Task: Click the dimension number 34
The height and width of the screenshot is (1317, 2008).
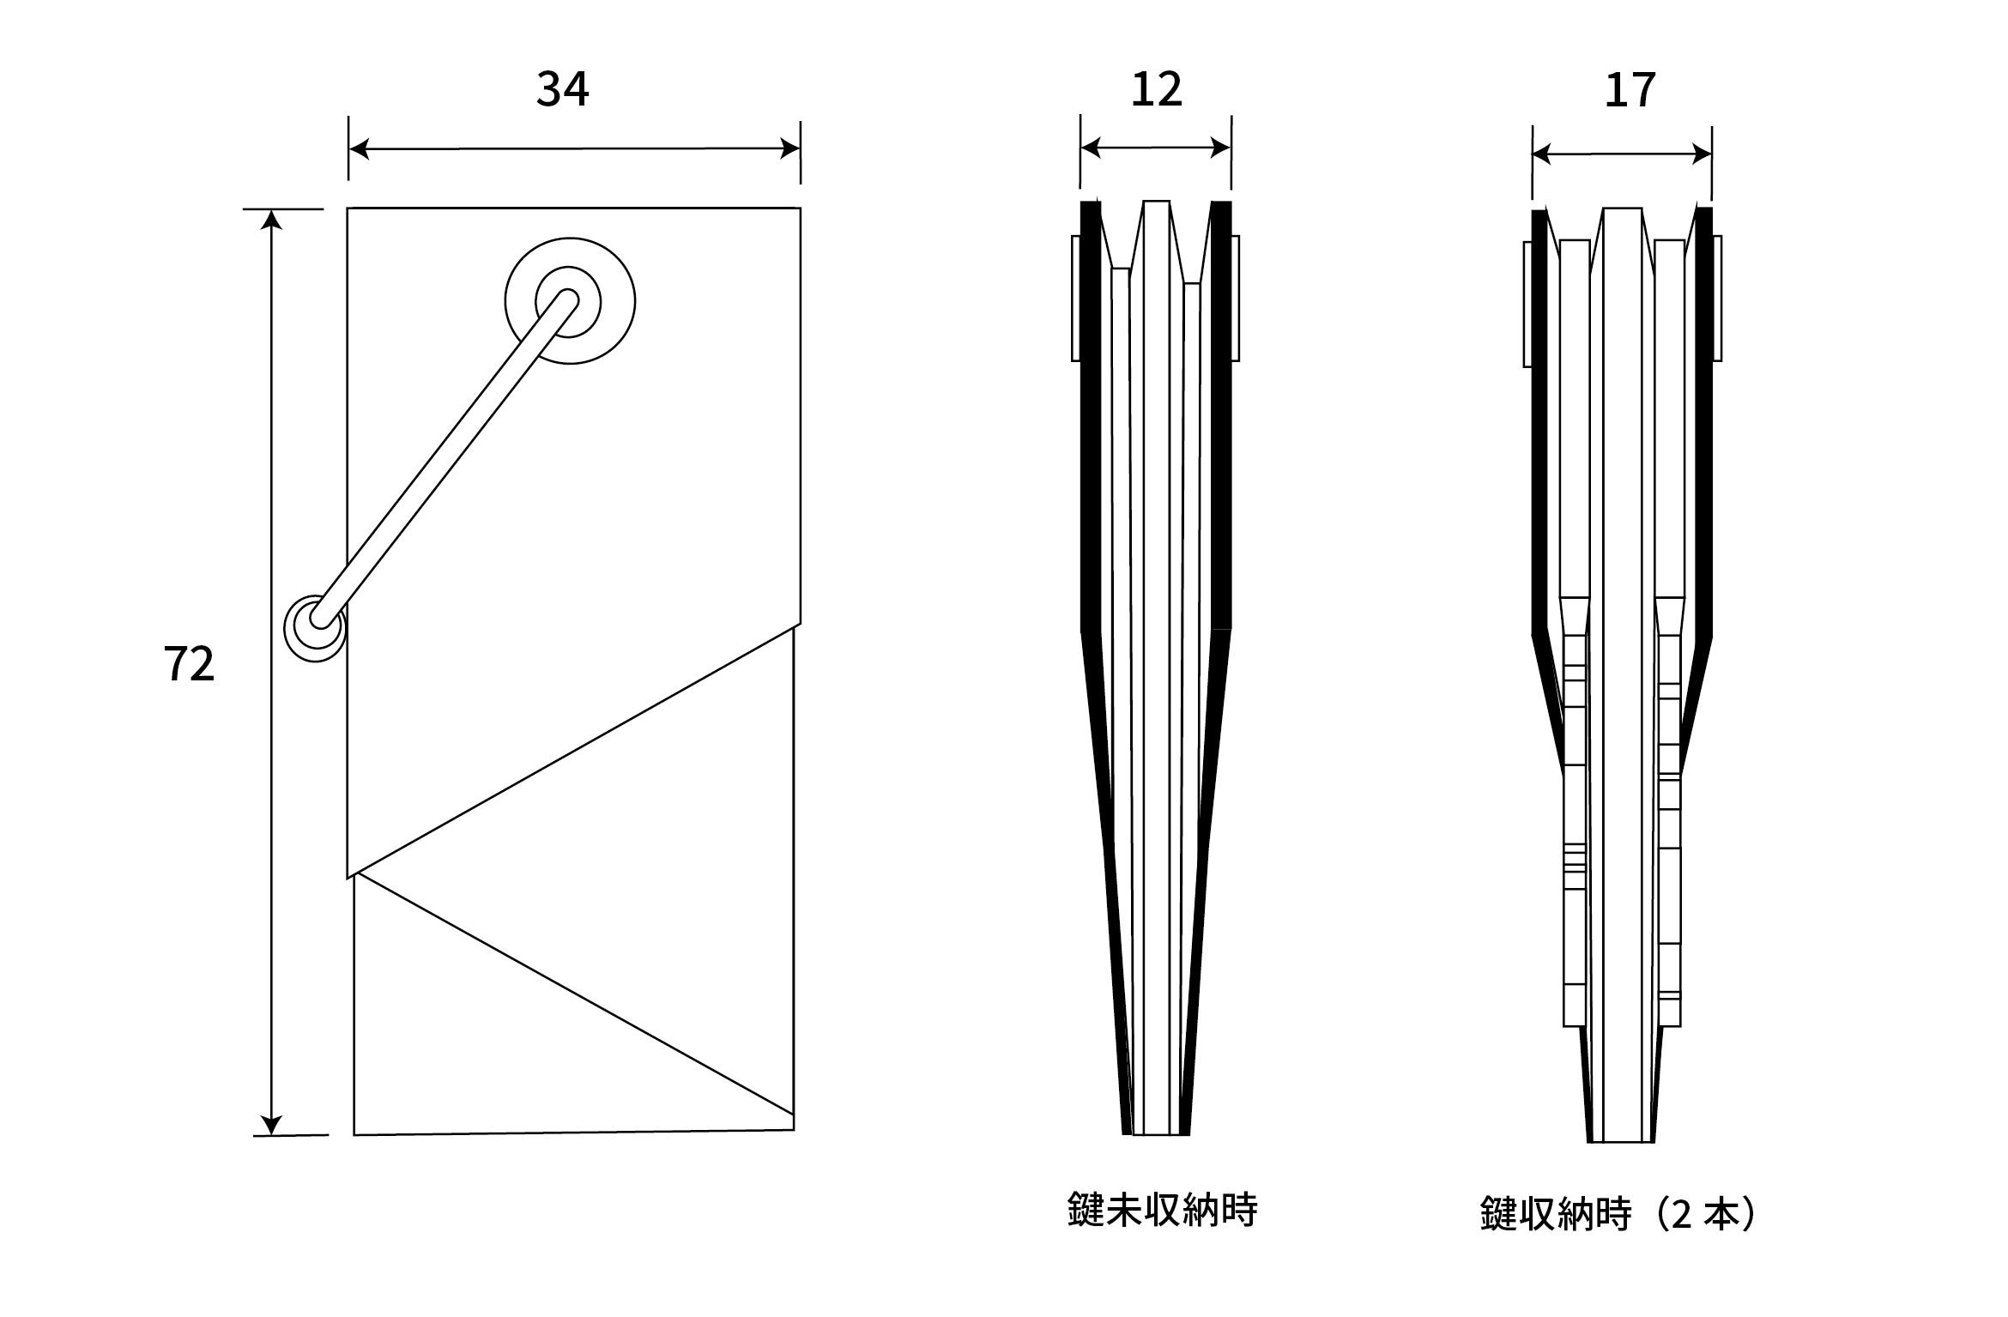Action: click(563, 89)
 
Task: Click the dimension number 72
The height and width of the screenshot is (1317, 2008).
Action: click(189, 664)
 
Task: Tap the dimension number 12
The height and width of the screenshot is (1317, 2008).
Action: click(1156, 89)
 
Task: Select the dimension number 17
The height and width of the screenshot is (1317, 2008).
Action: click(1630, 90)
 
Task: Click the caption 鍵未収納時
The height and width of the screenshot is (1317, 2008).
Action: click(1163, 1209)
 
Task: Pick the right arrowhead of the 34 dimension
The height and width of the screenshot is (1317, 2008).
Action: click(790, 149)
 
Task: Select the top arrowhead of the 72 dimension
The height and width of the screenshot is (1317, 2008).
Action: click(271, 220)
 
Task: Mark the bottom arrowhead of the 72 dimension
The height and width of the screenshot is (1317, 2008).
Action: click(271, 1125)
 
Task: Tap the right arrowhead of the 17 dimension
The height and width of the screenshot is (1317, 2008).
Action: click(1702, 155)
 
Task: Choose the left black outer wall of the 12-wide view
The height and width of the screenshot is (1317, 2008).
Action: click(1091, 429)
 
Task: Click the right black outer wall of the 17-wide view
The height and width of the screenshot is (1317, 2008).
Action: click(1704, 429)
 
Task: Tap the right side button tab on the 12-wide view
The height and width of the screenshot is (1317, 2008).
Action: click(1236, 298)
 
